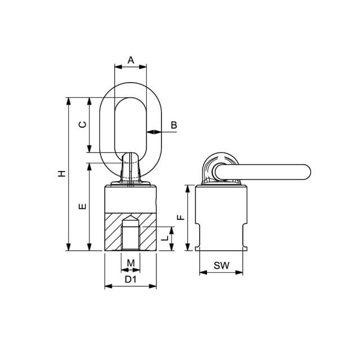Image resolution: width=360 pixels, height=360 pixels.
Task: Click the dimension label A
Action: point(130,60)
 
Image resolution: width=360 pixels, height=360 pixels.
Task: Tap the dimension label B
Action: point(174,125)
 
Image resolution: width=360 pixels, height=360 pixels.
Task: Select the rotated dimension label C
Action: point(83,124)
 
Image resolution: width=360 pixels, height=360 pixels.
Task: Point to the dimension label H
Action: point(62,174)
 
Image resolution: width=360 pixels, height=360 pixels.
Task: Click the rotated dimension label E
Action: point(83,206)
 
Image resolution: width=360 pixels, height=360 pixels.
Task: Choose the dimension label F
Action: point(181,217)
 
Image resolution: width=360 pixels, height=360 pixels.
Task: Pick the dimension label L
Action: point(165,238)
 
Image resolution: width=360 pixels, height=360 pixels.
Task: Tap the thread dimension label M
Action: point(130,263)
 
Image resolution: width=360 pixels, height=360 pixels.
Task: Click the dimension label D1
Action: point(130,279)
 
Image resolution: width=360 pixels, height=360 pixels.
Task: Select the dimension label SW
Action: point(221,265)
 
